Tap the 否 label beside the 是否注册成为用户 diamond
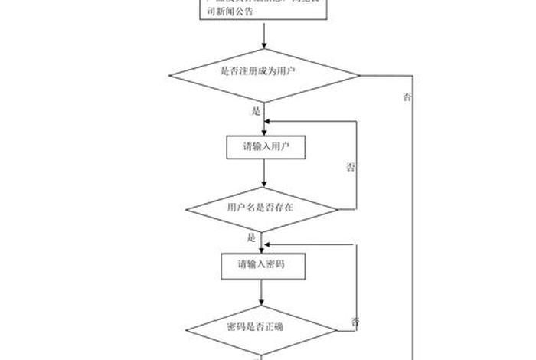click(407, 97)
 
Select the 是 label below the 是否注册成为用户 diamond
click(256, 111)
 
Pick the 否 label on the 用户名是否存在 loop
click(351, 167)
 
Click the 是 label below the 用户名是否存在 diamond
click(251, 237)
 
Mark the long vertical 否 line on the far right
click(413, 230)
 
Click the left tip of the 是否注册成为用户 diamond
click(170, 75)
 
